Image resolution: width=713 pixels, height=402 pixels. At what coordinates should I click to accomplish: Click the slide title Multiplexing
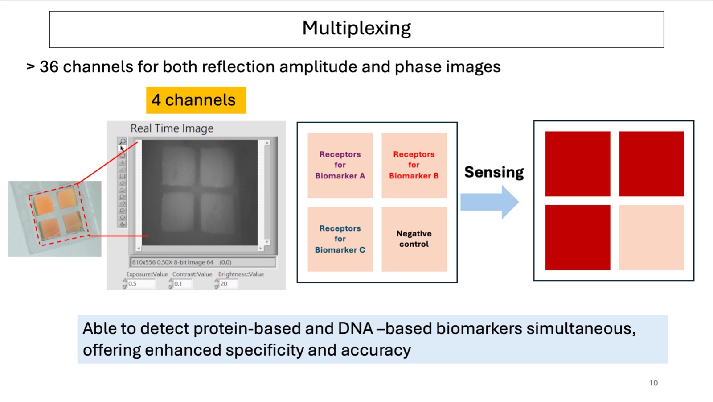pyautogui.click(x=356, y=28)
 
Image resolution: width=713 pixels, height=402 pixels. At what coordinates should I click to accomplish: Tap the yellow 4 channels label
pyautogui.click(x=196, y=100)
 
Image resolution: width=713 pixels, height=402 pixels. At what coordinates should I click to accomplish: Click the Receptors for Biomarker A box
pyautogui.click(x=340, y=165)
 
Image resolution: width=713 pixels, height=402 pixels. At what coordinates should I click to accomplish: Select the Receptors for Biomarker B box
pyautogui.click(x=414, y=165)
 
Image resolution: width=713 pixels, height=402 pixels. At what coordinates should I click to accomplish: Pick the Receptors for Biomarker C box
pyautogui.click(x=340, y=239)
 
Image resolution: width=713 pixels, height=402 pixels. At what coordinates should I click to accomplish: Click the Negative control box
pyautogui.click(x=414, y=239)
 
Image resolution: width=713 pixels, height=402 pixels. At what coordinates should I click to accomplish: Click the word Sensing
pyautogui.click(x=494, y=172)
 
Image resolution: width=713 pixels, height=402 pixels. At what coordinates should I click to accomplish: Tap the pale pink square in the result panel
pyautogui.click(x=651, y=237)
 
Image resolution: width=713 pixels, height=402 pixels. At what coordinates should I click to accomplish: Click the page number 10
pyautogui.click(x=653, y=383)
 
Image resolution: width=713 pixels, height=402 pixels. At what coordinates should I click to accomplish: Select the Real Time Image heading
pyautogui.click(x=172, y=128)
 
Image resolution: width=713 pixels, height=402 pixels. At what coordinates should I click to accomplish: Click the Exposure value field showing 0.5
pyautogui.click(x=140, y=284)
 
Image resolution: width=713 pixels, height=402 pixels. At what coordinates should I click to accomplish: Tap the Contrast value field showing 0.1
pyautogui.click(x=183, y=284)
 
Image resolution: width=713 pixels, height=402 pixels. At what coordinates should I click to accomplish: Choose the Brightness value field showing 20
pyautogui.click(x=228, y=284)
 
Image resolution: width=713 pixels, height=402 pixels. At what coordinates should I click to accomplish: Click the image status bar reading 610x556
pyautogui.click(x=203, y=262)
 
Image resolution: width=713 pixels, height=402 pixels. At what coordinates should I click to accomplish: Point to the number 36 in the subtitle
pyautogui.click(x=49, y=67)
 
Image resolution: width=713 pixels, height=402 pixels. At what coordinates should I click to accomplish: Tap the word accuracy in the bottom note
pyautogui.click(x=376, y=350)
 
